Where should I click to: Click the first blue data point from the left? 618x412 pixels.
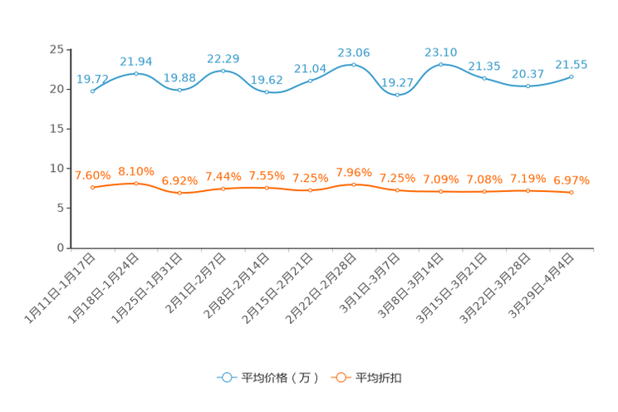[x=93, y=91]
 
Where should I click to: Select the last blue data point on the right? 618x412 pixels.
[x=571, y=76]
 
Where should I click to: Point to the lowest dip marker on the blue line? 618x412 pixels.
[x=398, y=95]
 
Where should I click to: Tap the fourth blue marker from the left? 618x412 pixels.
[x=223, y=71]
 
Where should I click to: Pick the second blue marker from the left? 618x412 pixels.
[x=136, y=74]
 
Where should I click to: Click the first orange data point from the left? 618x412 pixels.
[x=93, y=187]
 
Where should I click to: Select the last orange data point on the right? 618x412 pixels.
[x=571, y=192]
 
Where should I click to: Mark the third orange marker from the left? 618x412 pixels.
[x=180, y=192]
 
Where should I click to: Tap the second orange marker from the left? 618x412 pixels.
[x=136, y=183]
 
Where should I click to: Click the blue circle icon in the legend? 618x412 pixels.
[x=225, y=377]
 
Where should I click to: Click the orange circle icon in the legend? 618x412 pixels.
[x=340, y=377]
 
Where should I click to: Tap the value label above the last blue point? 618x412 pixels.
[x=571, y=64]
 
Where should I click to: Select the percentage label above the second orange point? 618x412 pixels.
[x=136, y=170]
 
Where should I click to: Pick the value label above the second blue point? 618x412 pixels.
[x=136, y=61]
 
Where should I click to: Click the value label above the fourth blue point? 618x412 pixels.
[x=223, y=58]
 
